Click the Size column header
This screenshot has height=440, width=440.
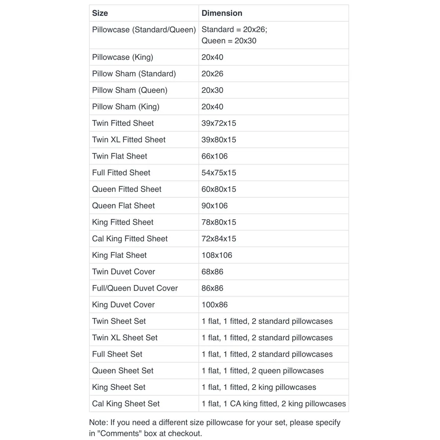(x=100, y=13)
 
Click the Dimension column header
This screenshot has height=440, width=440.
(x=222, y=13)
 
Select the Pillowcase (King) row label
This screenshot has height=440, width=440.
(x=122, y=57)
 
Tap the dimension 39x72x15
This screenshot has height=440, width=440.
(x=219, y=123)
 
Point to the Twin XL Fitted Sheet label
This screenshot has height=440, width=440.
(x=129, y=140)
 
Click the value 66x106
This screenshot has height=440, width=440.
(x=214, y=156)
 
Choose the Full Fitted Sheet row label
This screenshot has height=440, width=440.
(x=121, y=173)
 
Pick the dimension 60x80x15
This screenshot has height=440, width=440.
(x=219, y=189)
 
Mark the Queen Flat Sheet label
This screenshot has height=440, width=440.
(x=123, y=206)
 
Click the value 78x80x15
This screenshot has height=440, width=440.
(x=219, y=222)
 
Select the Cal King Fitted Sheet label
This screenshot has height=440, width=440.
(x=130, y=239)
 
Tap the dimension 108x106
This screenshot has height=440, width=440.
(x=217, y=255)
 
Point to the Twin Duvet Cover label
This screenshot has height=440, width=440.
(x=124, y=272)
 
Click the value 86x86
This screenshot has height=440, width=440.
(x=212, y=288)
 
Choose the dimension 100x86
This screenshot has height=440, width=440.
(x=214, y=305)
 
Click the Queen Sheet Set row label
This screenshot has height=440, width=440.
(x=123, y=371)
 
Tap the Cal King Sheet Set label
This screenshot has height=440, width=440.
(x=126, y=404)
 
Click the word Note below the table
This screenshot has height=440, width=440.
(x=99, y=422)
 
